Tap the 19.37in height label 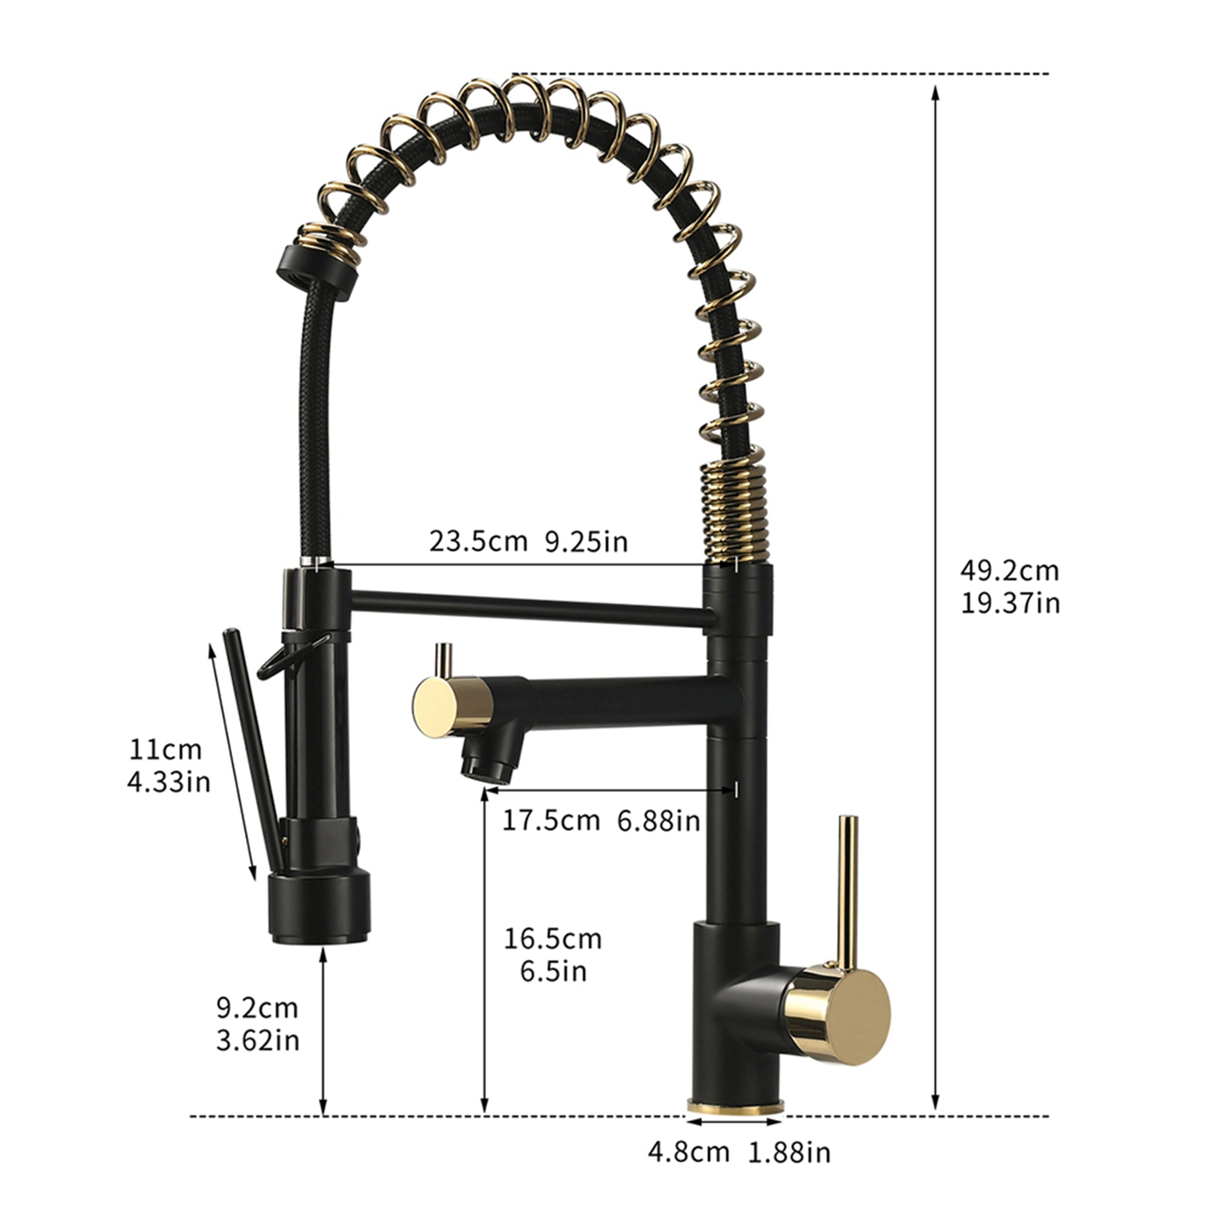(x=1011, y=603)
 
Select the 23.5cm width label (x=478, y=541)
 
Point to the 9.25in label (x=586, y=541)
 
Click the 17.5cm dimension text (x=551, y=821)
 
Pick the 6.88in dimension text (x=658, y=821)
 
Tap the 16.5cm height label (x=552, y=939)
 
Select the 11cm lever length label (x=166, y=750)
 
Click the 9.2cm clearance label (x=257, y=1008)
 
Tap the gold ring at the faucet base (x=735, y=1107)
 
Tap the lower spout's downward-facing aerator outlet (x=487, y=769)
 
